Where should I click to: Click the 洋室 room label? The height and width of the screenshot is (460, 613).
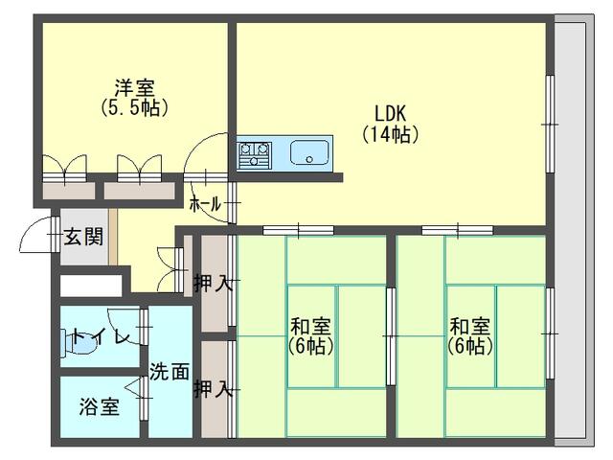click(135, 87)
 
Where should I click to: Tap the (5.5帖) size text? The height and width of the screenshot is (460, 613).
click(135, 107)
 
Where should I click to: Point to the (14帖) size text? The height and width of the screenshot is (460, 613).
click(390, 135)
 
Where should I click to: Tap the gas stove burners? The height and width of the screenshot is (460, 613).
click(255, 153)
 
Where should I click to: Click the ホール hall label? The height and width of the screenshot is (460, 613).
click(205, 204)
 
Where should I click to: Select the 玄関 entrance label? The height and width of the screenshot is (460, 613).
click(83, 237)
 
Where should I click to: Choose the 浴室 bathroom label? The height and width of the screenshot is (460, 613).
click(100, 406)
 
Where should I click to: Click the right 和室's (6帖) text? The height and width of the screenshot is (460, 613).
click(471, 346)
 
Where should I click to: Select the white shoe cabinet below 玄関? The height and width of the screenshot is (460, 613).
click(92, 285)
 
